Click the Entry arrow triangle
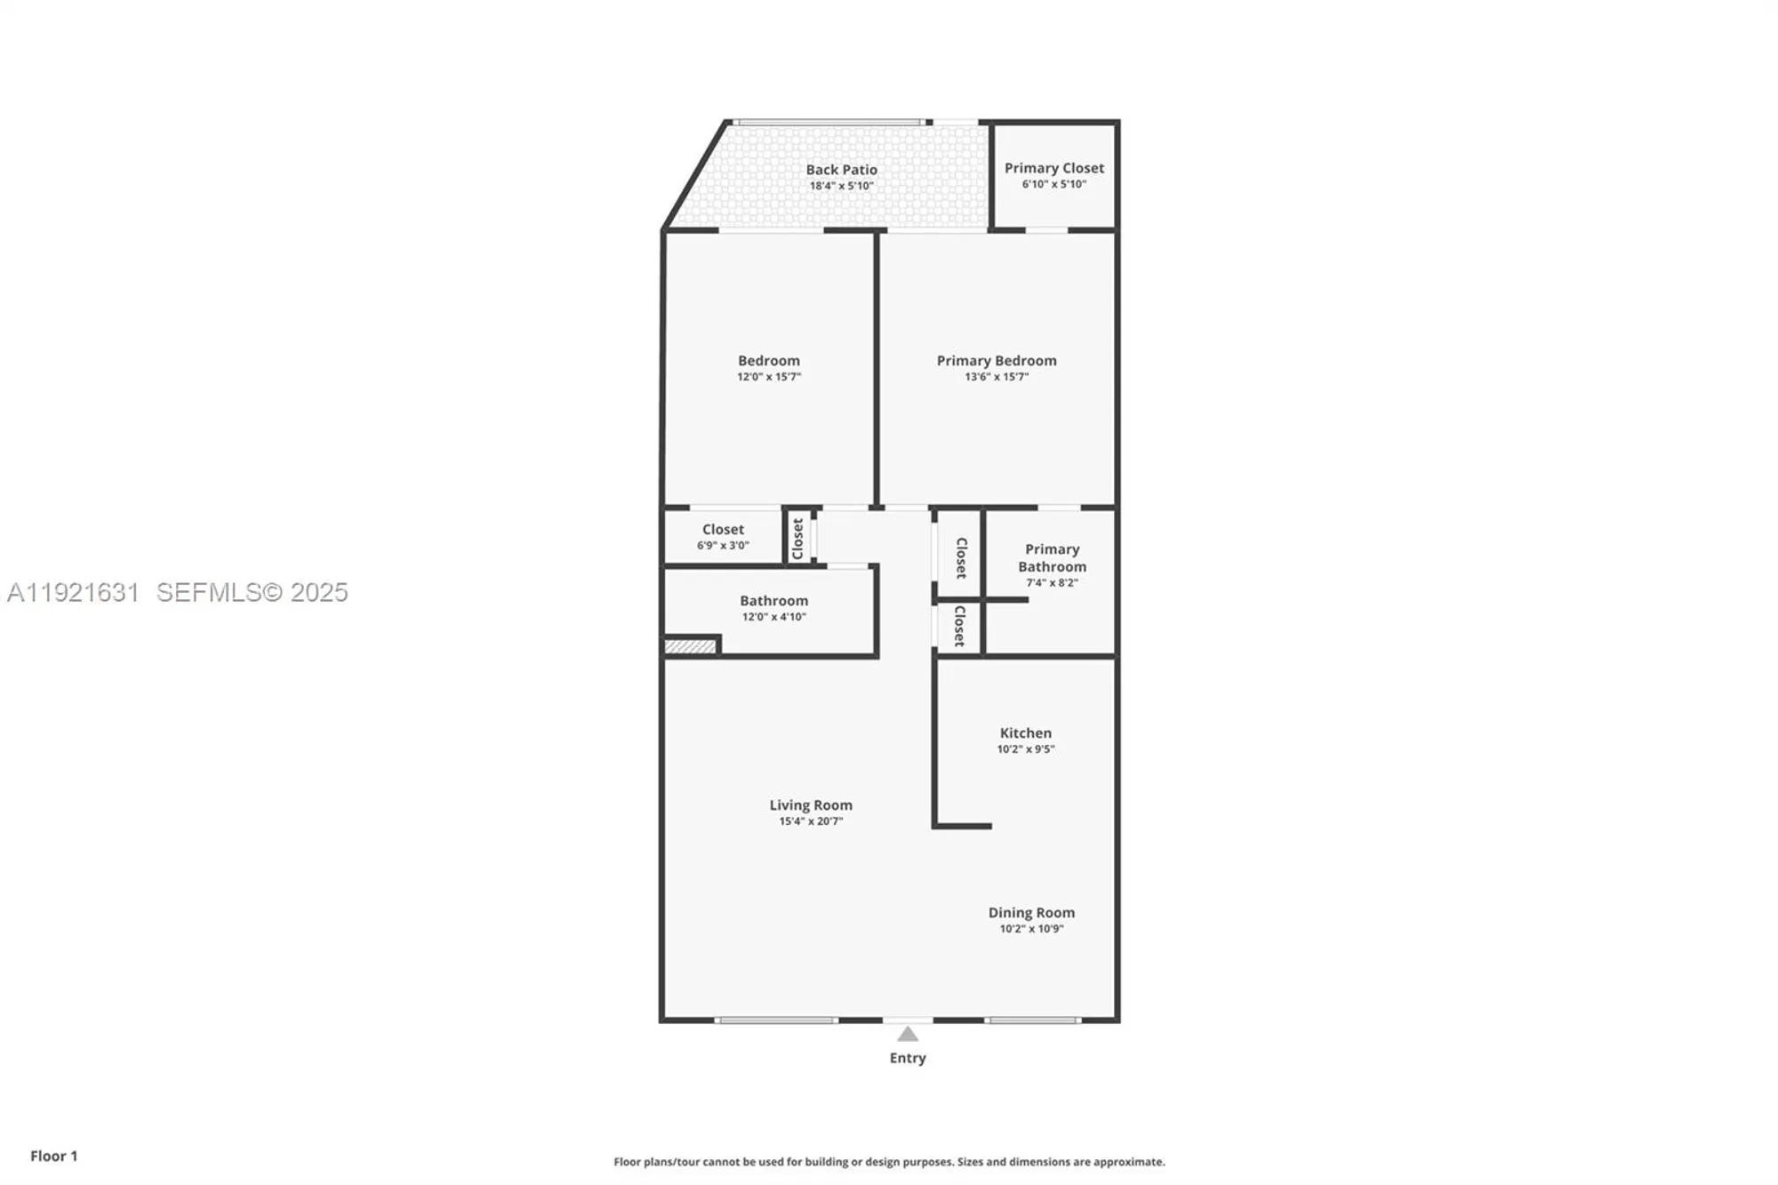[x=907, y=1034]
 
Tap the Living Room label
[x=811, y=805]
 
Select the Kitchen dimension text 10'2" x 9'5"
[x=1025, y=749]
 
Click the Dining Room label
[x=1031, y=912]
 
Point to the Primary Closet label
[x=1054, y=168]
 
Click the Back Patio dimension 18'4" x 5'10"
[x=841, y=186]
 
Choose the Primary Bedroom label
[x=997, y=360]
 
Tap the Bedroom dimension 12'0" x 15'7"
[x=769, y=377]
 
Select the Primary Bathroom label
[x=1052, y=557]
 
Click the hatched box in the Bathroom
[x=690, y=646]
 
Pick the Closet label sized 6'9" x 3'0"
[x=723, y=529]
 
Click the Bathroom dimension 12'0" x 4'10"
[x=773, y=617]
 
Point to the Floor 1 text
[x=53, y=1156]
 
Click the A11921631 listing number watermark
[x=73, y=593]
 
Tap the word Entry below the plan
[x=908, y=1058]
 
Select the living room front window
[x=776, y=1020]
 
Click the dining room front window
[x=1032, y=1020]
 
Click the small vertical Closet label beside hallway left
[x=797, y=538]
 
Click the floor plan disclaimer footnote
[x=889, y=1162]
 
